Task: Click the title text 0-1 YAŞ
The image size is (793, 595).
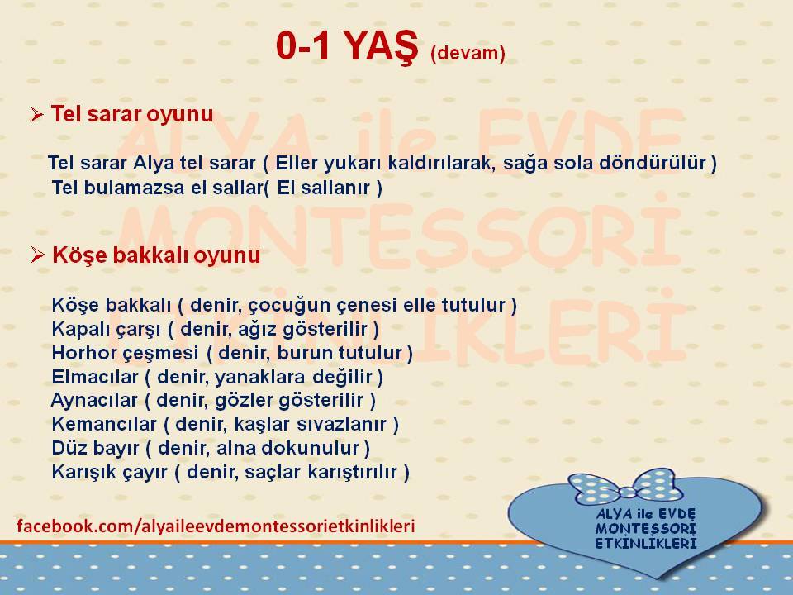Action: click(347, 46)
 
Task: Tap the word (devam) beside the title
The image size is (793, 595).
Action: click(468, 53)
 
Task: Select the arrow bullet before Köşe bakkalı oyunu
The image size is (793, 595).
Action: click(38, 255)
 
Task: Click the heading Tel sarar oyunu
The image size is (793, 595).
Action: click(132, 114)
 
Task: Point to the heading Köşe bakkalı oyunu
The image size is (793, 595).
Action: click(156, 255)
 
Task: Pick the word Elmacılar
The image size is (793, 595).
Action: click(94, 377)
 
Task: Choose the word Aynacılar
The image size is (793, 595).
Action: click(94, 400)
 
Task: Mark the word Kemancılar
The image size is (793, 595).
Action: click(104, 424)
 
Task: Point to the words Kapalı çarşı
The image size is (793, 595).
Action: click(106, 330)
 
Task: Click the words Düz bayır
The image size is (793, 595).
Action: click(95, 448)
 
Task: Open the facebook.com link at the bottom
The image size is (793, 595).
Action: click(216, 526)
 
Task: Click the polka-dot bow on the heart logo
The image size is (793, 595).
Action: click(626, 487)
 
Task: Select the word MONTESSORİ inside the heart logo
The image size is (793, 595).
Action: click(645, 529)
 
